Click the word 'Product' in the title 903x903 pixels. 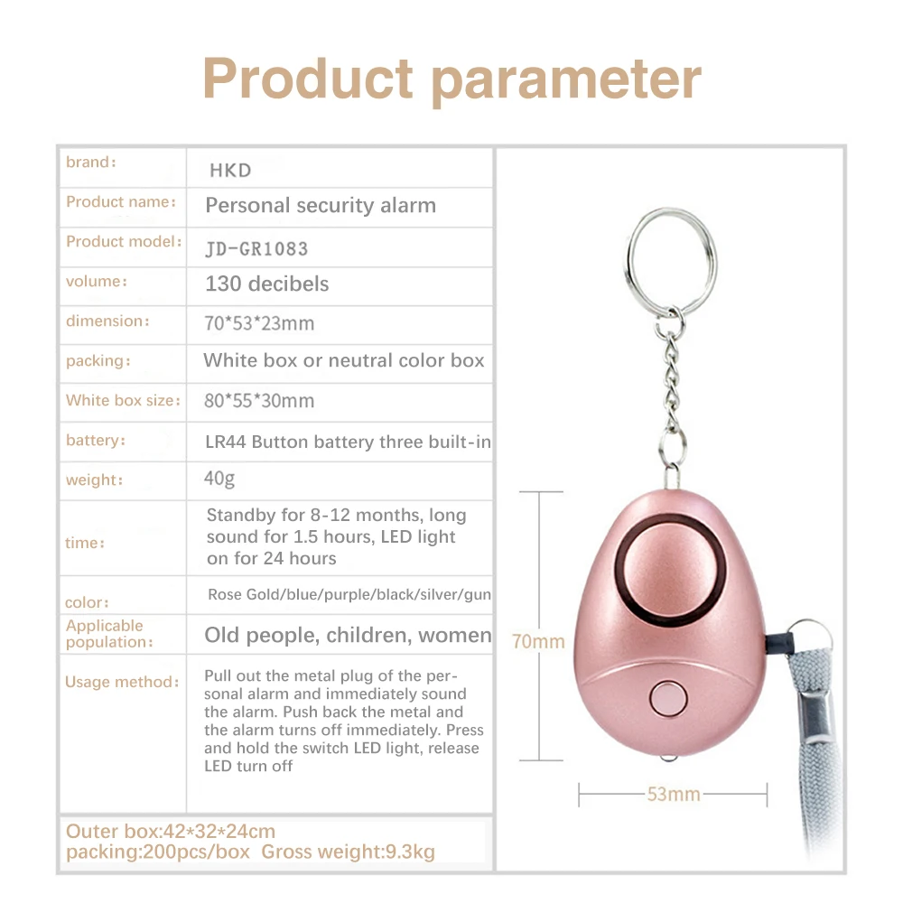pos(308,79)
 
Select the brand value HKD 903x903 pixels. pos(230,171)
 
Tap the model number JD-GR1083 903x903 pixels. pos(256,249)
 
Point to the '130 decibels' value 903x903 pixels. pos(266,284)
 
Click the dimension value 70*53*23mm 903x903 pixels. pos(259,323)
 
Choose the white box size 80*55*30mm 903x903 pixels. pos(259,400)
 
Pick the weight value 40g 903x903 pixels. pos(219,479)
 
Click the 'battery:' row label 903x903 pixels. pos(96,441)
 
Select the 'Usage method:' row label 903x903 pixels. pos(122,682)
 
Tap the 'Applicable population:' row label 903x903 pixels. pos(109,634)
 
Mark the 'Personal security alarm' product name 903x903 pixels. pos(321,206)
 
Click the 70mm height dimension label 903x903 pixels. pos(538,641)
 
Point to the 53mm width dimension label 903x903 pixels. pos(674,795)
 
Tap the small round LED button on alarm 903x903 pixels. pos(668,699)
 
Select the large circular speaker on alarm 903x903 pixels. pos(668,568)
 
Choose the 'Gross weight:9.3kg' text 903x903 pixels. pos(348,852)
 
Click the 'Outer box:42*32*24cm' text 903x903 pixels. pos(171,831)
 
